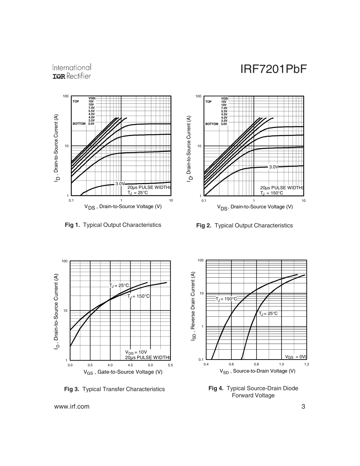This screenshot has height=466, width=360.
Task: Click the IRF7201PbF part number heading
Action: coord(273,70)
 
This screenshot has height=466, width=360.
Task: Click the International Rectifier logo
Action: coord(72,72)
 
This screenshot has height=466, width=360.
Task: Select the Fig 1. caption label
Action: coord(72,225)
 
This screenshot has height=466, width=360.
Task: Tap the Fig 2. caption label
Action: coord(204,225)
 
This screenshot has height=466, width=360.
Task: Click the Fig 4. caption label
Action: coord(216,388)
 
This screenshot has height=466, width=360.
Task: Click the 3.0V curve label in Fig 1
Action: coord(120,183)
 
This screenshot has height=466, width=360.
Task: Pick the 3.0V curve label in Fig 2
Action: coord(274,167)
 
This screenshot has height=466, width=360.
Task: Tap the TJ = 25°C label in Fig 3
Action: coord(119,286)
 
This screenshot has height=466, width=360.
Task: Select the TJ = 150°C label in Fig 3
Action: coord(139,296)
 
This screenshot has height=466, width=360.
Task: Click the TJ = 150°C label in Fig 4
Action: coord(226,299)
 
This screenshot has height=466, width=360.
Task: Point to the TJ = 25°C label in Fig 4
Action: coord(268,314)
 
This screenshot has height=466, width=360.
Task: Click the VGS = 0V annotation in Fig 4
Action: coord(295,357)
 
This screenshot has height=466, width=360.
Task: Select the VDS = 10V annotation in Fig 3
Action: coord(136,352)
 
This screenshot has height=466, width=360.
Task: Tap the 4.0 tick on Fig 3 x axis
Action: coord(110,365)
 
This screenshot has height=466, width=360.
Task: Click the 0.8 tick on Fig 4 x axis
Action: coord(256,364)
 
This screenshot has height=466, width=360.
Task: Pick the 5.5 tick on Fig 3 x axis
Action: coord(170,365)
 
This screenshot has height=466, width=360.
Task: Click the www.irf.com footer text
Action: coord(72,407)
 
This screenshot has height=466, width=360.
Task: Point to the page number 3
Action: coord(303,407)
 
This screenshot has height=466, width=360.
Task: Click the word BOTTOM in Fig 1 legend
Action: coord(79,124)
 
